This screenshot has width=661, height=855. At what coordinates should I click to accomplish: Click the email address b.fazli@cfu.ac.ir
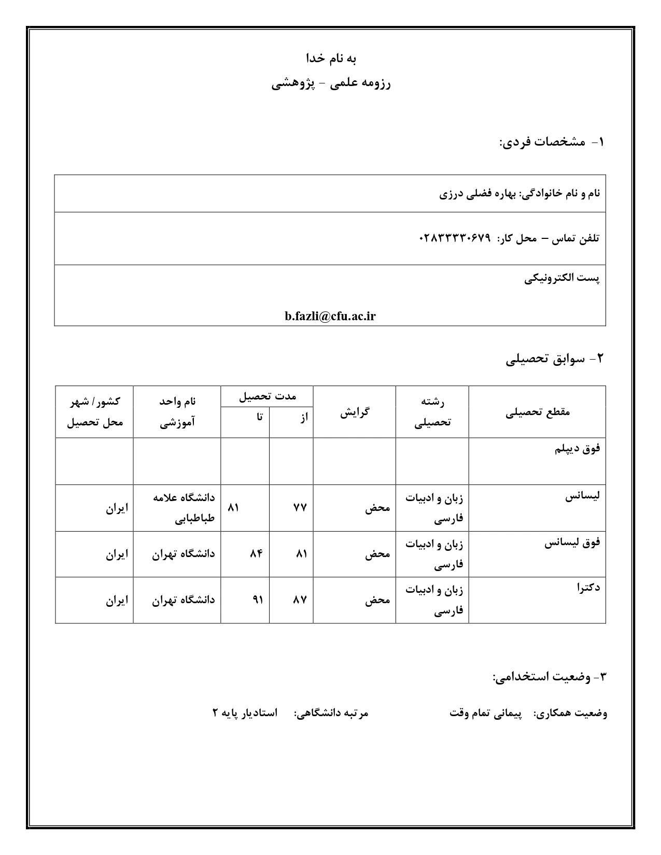point(330,317)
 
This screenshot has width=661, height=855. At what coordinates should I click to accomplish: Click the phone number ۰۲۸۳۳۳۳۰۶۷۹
point(454,238)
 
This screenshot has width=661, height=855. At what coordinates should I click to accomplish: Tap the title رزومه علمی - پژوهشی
point(331,83)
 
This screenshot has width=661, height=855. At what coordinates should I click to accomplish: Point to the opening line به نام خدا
point(331,58)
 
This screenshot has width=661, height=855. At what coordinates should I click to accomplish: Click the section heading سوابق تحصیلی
point(550,359)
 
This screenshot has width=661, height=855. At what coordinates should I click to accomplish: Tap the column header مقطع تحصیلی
point(537,412)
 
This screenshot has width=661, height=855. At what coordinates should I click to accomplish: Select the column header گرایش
point(355,412)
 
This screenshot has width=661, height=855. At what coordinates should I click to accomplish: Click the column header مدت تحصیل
point(267,396)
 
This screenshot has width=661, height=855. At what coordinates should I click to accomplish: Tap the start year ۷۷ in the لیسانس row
point(300,508)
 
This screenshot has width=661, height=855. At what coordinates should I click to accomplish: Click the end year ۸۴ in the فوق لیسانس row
point(256,553)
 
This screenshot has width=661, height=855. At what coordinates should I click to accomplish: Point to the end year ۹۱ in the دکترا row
point(257,600)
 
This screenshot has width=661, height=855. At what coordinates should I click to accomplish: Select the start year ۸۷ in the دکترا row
point(300,600)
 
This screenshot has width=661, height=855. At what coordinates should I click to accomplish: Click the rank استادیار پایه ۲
point(245,713)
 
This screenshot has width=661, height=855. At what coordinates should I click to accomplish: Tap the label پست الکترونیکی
point(562,278)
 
